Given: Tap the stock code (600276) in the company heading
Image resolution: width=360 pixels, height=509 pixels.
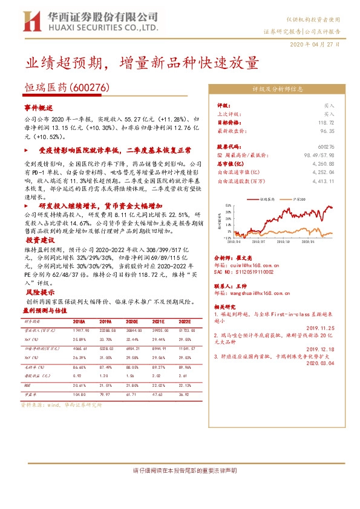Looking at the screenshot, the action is point(89,87).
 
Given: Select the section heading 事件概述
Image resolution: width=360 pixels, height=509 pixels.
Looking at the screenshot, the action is point(38,106).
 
